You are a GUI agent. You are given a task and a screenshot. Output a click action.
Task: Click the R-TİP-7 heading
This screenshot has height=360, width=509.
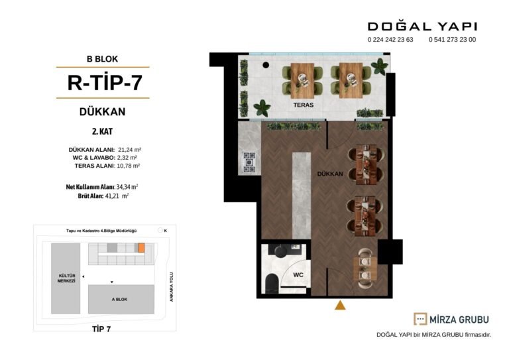[x=105, y=82]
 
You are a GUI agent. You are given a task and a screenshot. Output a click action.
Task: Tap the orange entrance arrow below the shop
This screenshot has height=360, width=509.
[x=340, y=306]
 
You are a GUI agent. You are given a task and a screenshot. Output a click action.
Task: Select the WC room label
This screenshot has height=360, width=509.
[x=298, y=275]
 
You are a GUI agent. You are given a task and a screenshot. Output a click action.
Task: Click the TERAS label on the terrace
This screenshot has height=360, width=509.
[x=303, y=105]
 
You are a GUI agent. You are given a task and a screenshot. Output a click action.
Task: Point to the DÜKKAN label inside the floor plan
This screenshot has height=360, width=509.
[x=330, y=174]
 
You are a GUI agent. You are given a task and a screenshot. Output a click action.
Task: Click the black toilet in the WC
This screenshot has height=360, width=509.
[x=272, y=283]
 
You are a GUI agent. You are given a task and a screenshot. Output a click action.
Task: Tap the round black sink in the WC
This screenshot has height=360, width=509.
[x=280, y=251]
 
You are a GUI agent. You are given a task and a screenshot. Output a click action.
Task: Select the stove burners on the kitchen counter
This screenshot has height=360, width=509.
[x=249, y=162]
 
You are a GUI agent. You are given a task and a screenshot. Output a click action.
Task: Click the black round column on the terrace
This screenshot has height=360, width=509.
[x=266, y=65]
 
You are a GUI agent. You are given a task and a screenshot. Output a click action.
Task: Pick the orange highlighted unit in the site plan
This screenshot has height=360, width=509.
[x=141, y=248]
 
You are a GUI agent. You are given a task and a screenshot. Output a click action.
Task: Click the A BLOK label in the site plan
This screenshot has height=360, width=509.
[x=119, y=299]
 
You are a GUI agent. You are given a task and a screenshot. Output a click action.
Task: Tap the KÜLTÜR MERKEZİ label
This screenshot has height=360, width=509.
[x=66, y=278]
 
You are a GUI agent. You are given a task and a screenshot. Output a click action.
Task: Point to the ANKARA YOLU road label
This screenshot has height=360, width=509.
[x=172, y=286]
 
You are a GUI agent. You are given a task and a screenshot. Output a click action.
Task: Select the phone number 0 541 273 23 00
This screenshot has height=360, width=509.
[x=452, y=40]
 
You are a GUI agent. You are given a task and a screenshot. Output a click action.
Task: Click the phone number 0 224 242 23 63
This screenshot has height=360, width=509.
[x=390, y=40]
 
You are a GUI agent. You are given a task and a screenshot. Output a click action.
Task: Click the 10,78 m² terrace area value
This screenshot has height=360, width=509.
[x=128, y=166]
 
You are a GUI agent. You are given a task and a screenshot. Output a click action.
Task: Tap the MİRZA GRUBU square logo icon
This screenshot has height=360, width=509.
[x=420, y=319]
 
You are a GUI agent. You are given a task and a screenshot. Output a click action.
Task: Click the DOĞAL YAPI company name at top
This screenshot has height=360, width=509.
[x=422, y=27]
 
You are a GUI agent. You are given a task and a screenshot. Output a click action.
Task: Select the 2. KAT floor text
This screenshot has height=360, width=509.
[x=102, y=131]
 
